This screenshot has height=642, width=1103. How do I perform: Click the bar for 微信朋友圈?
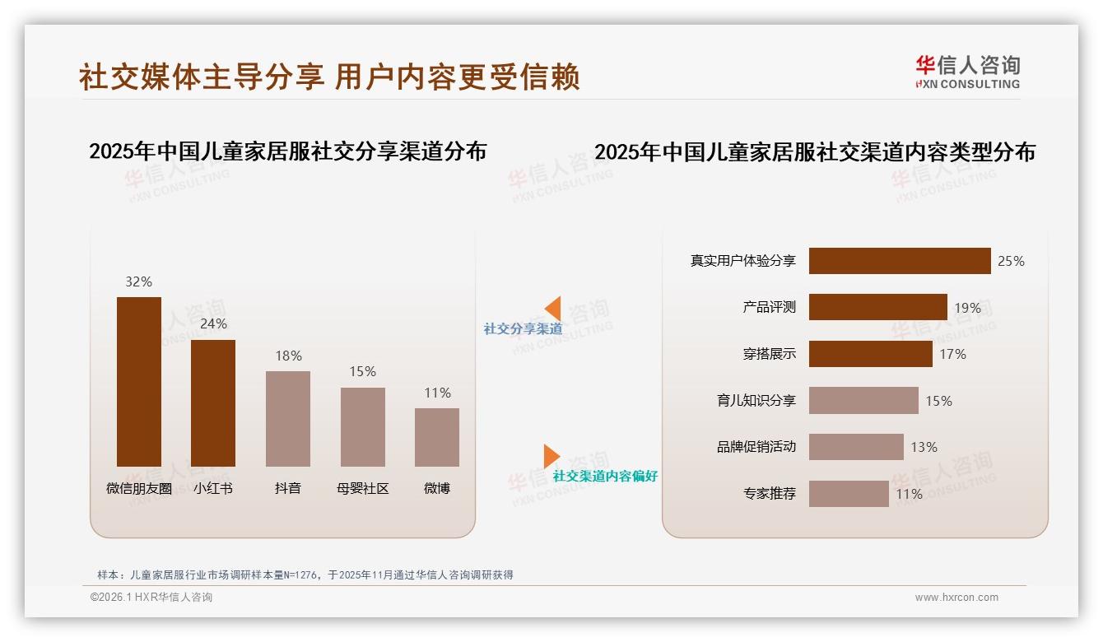tap(139, 381)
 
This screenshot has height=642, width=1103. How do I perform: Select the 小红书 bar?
tap(213, 402)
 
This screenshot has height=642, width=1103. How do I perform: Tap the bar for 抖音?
tap(288, 418)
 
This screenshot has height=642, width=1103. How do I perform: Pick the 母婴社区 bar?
tap(362, 426)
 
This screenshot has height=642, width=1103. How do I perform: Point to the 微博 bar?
tap(437, 437)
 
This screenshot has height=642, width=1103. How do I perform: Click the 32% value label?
tap(139, 281)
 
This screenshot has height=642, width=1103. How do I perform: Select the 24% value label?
tap(213, 324)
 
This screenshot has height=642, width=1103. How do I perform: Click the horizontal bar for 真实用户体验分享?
tap(900, 261)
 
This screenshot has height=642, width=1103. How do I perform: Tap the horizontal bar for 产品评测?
tap(877, 307)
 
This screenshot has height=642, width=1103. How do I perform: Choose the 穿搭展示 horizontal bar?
tap(870, 354)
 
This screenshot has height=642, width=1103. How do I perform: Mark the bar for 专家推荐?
tap(849, 494)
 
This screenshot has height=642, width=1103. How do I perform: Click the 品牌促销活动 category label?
tap(756, 447)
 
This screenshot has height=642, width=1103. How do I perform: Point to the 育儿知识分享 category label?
tap(756, 401)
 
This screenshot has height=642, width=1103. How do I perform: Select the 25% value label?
tap(1011, 261)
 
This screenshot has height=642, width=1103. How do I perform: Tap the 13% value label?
tap(924, 447)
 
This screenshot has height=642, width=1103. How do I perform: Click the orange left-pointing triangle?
tap(553, 308)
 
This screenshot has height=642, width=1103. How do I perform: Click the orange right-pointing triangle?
tap(551, 456)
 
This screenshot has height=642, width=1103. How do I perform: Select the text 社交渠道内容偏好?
tap(605, 476)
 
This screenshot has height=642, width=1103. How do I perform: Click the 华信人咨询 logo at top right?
tap(967, 72)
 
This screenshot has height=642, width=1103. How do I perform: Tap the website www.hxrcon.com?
tap(956, 598)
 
